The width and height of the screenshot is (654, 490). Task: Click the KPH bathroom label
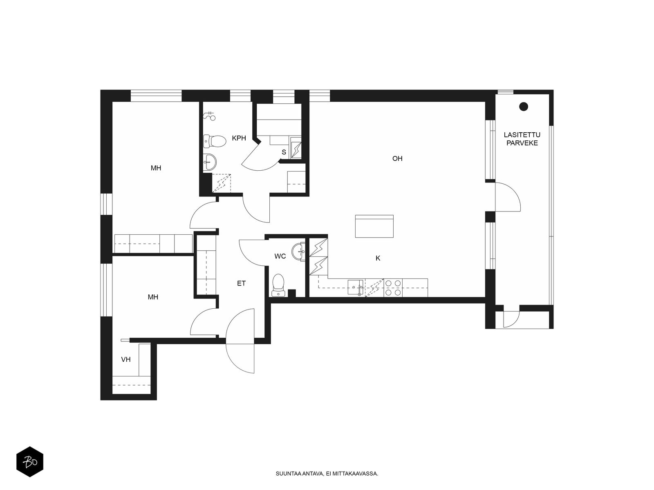pyautogui.click(x=239, y=138)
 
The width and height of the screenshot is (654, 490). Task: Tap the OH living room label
pyautogui.click(x=397, y=158)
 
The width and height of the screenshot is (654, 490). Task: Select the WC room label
pyautogui.click(x=280, y=256)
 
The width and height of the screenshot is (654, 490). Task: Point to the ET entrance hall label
pyautogui.click(x=241, y=283)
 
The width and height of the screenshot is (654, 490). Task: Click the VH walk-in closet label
pyautogui.click(x=126, y=359)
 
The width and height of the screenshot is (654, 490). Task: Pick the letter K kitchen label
pyautogui.click(x=378, y=258)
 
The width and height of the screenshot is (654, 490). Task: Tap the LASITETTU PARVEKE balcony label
pyautogui.click(x=522, y=139)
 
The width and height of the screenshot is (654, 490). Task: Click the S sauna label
pyautogui.click(x=284, y=152)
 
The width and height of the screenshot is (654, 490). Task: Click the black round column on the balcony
pyautogui.click(x=524, y=107)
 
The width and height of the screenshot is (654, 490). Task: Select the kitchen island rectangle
pyautogui.click(x=374, y=226)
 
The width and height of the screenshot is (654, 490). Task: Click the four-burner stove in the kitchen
pyautogui.click(x=393, y=288)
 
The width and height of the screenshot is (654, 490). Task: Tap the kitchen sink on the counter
pyautogui.click(x=356, y=287)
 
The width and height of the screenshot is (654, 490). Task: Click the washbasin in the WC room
pyautogui.click(x=298, y=252)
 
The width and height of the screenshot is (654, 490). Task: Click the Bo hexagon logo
pyautogui.click(x=30, y=462)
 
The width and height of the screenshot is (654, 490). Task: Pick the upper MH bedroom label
pyautogui.click(x=156, y=168)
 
